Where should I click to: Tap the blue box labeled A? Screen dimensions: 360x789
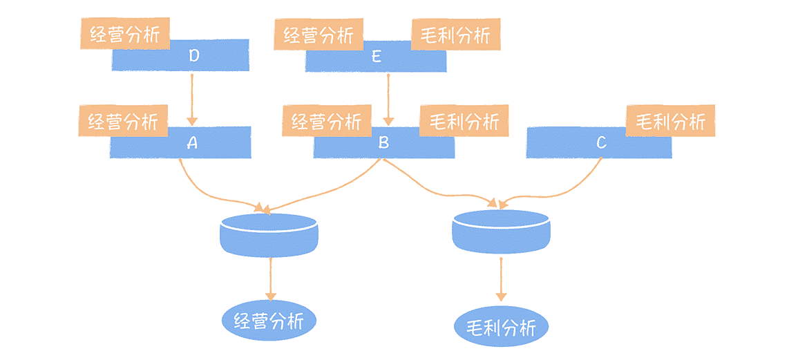pos(193,143)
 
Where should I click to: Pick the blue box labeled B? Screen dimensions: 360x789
pos(384,143)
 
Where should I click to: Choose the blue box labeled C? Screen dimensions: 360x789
pos(600,143)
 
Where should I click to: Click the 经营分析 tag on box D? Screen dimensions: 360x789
pos(125,34)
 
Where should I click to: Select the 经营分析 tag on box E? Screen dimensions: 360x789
pos(318,34)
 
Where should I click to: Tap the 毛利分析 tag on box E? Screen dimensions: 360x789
pos(455,34)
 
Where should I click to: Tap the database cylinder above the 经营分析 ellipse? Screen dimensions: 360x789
pos(269,236)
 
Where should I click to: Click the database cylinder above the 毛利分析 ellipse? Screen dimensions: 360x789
pos(501,232)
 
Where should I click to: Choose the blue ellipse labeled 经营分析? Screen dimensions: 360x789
pos(269,321)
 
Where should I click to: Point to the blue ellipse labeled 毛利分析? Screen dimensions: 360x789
pos(501,326)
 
